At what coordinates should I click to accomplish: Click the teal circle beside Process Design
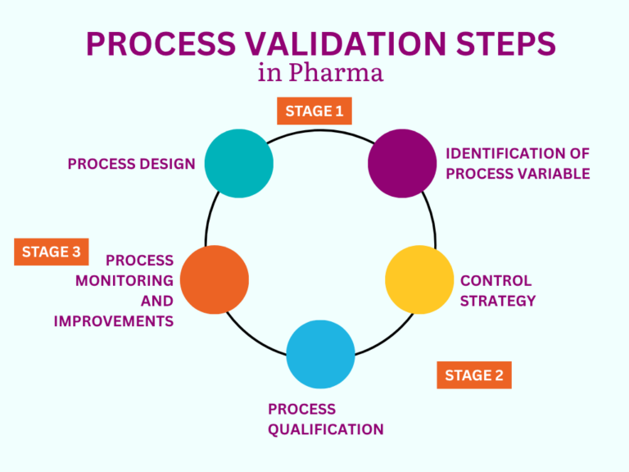tap(238, 163)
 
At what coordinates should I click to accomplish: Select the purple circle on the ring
tap(402, 163)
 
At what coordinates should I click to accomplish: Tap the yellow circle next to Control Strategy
tap(419, 279)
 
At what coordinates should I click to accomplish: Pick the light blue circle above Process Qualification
tap(320, 354)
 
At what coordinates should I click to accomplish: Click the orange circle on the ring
tap(214, 279)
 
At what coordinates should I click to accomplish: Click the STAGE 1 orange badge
tap(314, 111)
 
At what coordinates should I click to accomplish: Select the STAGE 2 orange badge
tap(474, 375)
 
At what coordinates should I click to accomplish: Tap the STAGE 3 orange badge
tap(51, 252)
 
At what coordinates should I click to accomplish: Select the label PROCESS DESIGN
tap(131, 164)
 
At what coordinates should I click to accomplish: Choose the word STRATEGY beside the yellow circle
tap(498, 301)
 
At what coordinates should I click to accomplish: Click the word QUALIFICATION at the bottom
tap(325, 429)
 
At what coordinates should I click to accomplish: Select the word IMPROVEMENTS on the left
tap(114, 321)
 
